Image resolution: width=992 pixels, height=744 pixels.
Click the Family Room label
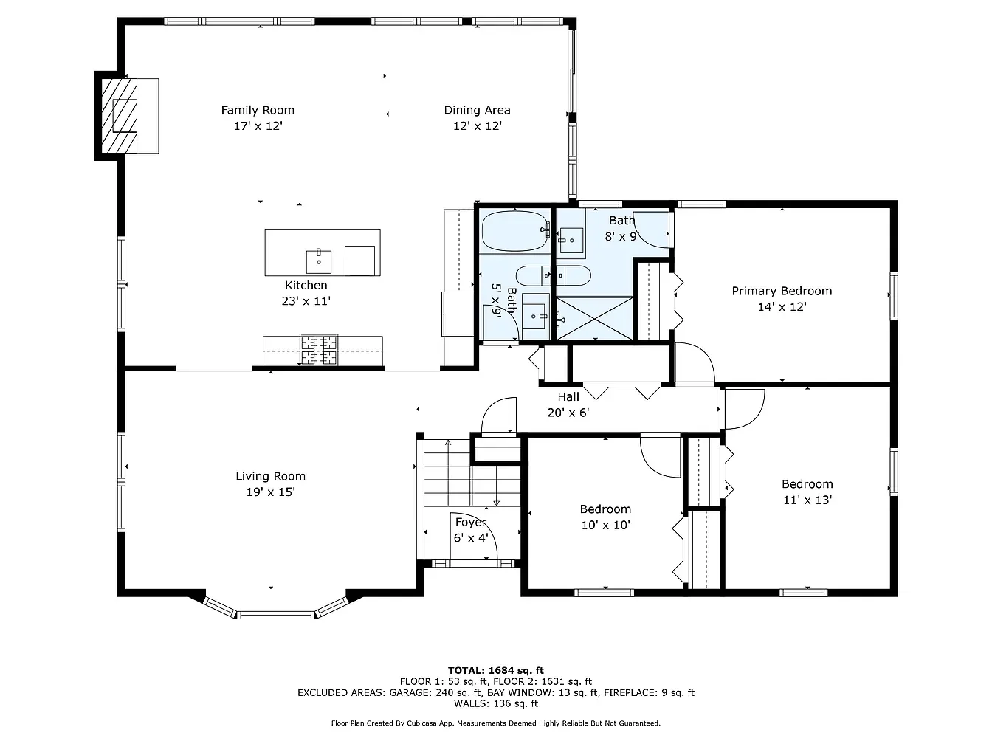[258, 110]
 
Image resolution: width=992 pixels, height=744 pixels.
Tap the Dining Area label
[477, 110]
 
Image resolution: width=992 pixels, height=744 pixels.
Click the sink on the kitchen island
[319, 261]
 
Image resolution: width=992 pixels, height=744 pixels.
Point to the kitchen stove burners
[319, 349]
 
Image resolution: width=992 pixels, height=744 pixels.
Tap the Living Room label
[270, 476]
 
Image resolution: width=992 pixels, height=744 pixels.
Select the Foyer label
[470, 522]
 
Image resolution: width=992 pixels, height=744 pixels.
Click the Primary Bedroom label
[782, 291]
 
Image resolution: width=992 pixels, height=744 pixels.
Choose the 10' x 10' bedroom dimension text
[605, 526]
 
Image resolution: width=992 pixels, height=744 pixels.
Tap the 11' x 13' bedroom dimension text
[807, 500]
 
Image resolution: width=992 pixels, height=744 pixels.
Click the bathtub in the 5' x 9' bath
[514, 231]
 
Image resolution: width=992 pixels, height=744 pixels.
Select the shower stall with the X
[594, 318]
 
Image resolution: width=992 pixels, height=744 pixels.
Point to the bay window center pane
[276, 614]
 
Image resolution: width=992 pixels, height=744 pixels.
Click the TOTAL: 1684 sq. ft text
[496, 670]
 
